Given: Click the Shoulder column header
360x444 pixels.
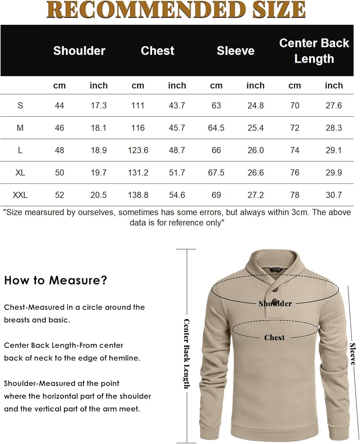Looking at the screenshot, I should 79,51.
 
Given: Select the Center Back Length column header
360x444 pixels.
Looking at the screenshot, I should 314,51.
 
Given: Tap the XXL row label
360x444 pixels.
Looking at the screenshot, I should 20,195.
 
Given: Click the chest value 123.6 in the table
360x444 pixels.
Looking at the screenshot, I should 138,150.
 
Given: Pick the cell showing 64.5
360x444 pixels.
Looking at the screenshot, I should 216,128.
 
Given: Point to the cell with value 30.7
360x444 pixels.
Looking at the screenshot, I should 333,195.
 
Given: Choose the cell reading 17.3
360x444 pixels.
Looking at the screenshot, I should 99,106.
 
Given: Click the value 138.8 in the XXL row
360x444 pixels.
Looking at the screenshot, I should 138,195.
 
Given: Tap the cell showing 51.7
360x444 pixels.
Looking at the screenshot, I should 177,172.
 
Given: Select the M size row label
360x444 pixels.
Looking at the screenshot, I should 20,128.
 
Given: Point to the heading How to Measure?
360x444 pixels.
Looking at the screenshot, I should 55,281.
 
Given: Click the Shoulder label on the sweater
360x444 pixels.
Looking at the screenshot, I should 275,304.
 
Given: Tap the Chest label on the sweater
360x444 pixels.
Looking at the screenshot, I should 274,337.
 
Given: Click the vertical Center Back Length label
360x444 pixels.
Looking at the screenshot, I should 186,354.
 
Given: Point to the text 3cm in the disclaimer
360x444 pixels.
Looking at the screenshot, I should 297,212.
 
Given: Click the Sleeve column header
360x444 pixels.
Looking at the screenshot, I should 235,51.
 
